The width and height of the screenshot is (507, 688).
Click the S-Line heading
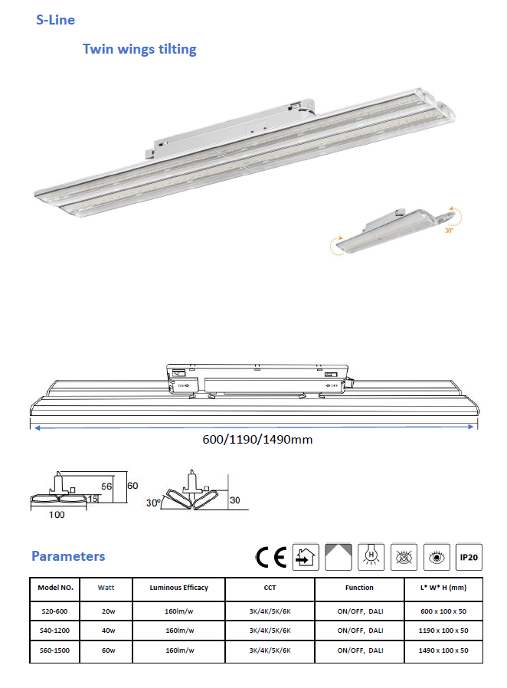point(55,20)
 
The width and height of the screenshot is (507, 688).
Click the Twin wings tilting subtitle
point(139,49)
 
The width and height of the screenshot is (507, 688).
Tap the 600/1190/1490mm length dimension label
point(257,440)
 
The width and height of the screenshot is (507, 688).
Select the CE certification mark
point(271,557)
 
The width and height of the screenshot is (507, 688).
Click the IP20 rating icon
point(469,557)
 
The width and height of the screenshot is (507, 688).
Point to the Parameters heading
point(68,556)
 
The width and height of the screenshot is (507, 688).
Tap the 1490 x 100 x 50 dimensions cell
point(443,650)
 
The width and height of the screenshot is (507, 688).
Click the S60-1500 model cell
point(55,650)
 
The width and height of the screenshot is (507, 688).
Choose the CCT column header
point(270,588)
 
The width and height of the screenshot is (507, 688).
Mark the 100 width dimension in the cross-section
point(57,515)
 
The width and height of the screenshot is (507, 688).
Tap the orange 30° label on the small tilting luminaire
point(450,229)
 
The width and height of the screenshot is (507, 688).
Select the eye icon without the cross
point(436,557)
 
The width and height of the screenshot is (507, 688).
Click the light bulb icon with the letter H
point(371,557)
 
